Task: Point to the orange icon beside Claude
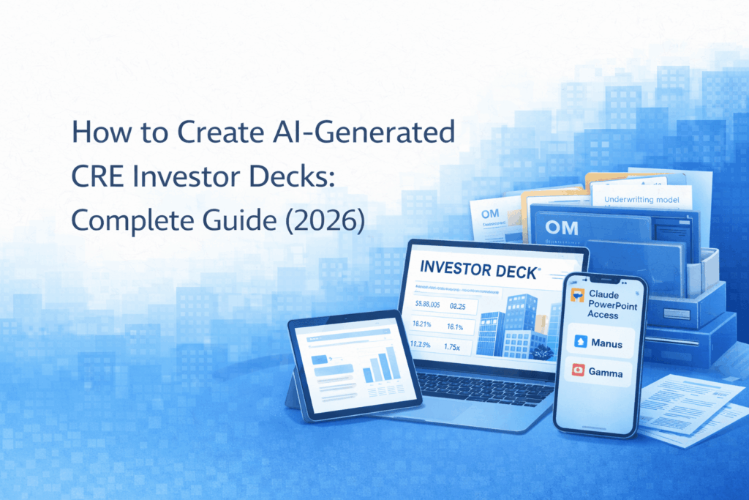coord(577,294)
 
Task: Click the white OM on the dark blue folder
coord(562,228)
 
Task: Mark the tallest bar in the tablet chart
coord(394,364)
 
